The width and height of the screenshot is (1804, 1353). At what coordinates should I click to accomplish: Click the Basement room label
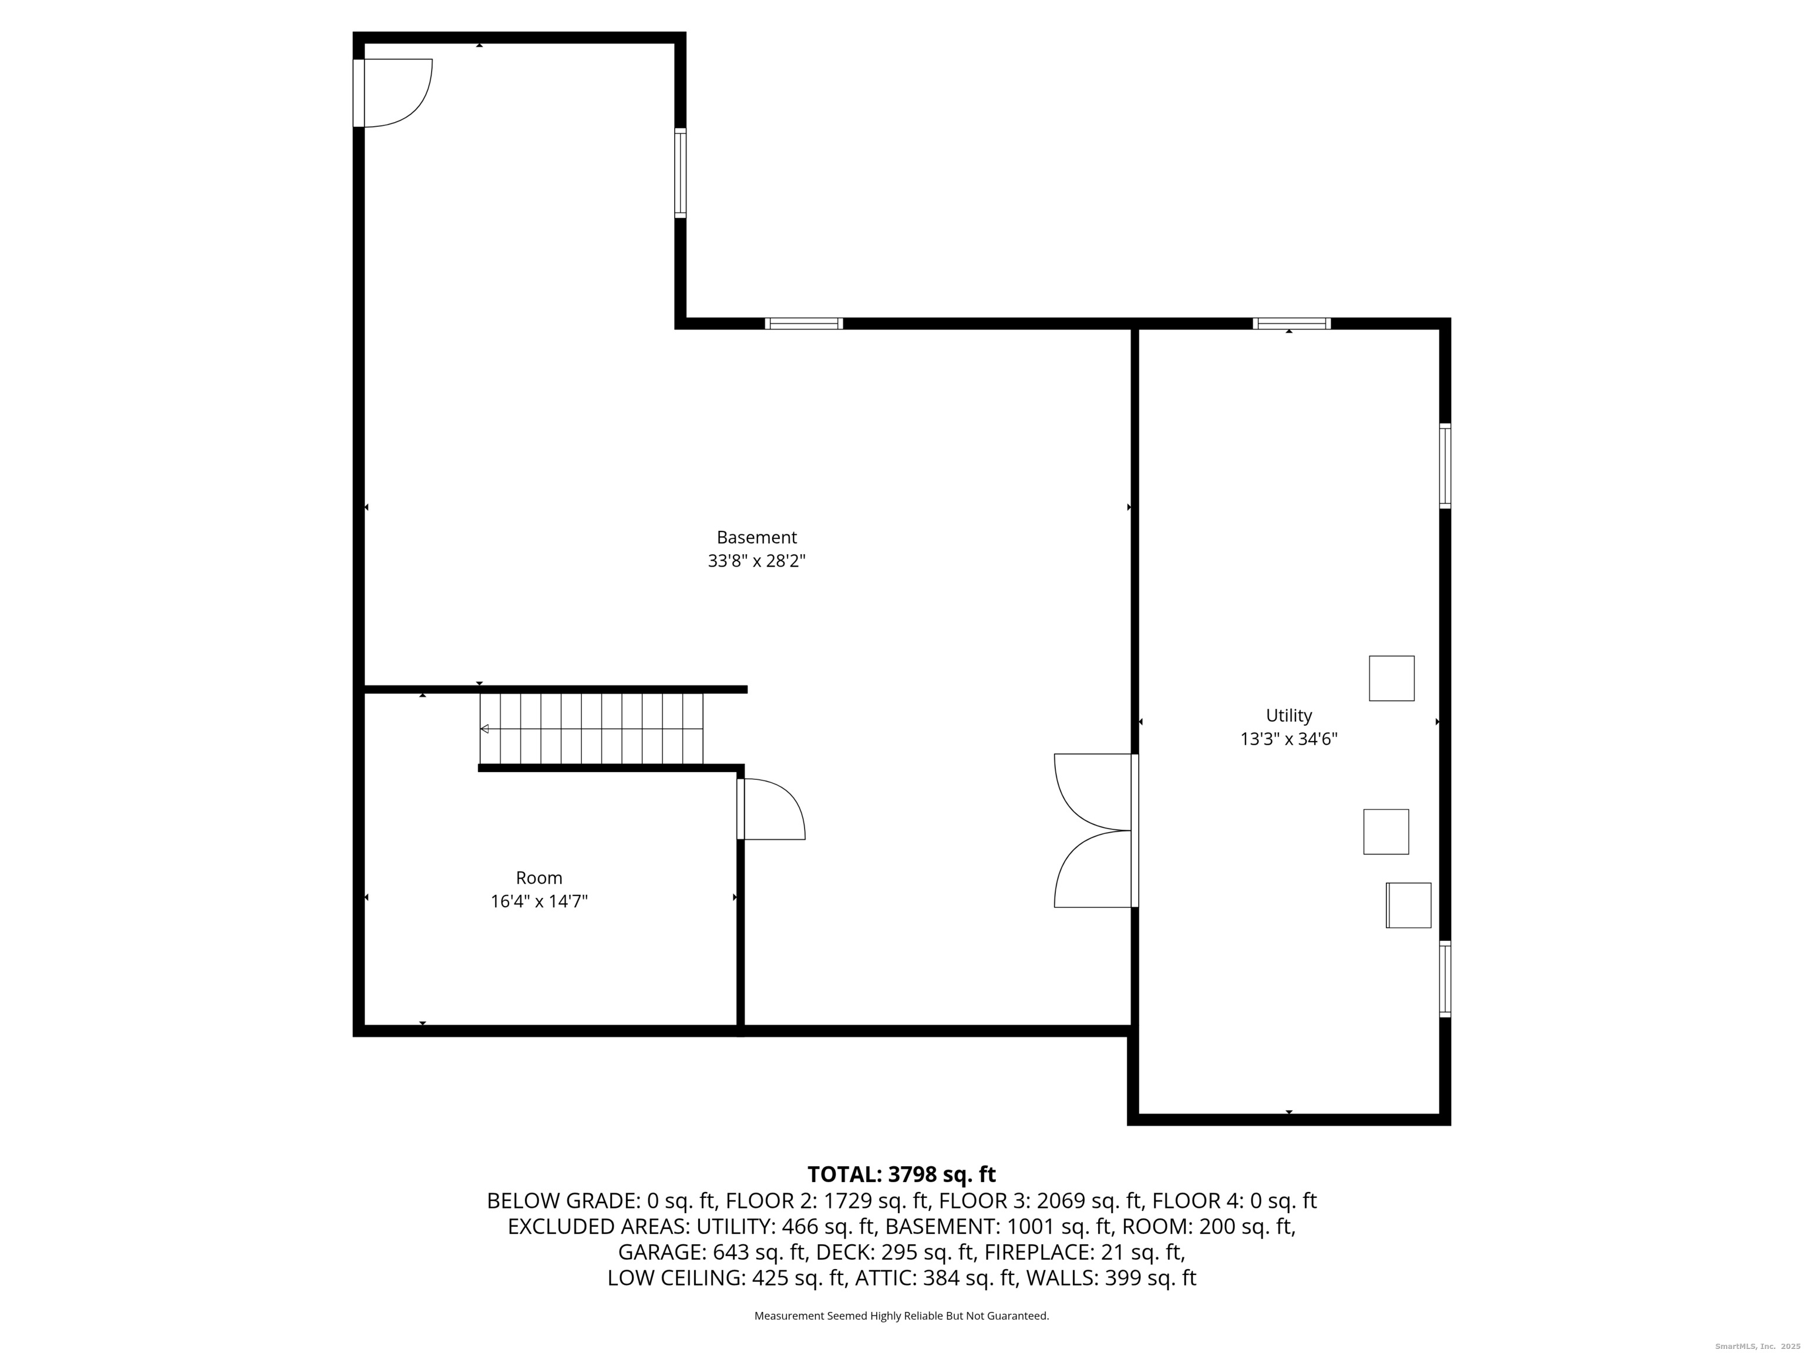coord(756,537)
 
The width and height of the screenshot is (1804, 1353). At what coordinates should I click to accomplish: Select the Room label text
coord(539,879)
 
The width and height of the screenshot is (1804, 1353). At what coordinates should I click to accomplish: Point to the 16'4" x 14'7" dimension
coord(539,902)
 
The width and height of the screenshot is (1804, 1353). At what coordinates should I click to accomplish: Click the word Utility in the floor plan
coord(1288,716)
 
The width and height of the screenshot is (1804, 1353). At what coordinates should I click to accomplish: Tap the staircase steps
coord(591,728)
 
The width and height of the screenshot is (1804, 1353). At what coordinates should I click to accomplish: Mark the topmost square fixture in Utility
coord(1391,678)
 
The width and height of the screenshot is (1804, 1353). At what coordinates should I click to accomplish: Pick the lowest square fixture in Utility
coord(1408,906)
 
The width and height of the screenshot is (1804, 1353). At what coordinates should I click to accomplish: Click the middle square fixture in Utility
coord(1386,832)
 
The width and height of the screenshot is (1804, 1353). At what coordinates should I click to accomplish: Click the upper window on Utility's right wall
coord(1445,466)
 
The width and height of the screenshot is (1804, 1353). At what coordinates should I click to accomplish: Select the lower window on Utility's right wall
coord(1445,979)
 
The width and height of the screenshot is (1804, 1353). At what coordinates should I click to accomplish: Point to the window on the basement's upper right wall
coord(803,324)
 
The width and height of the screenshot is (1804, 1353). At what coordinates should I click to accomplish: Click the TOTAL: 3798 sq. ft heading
coord(901,1174)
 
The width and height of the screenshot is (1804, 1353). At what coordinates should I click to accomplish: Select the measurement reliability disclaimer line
coord(901,1315)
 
